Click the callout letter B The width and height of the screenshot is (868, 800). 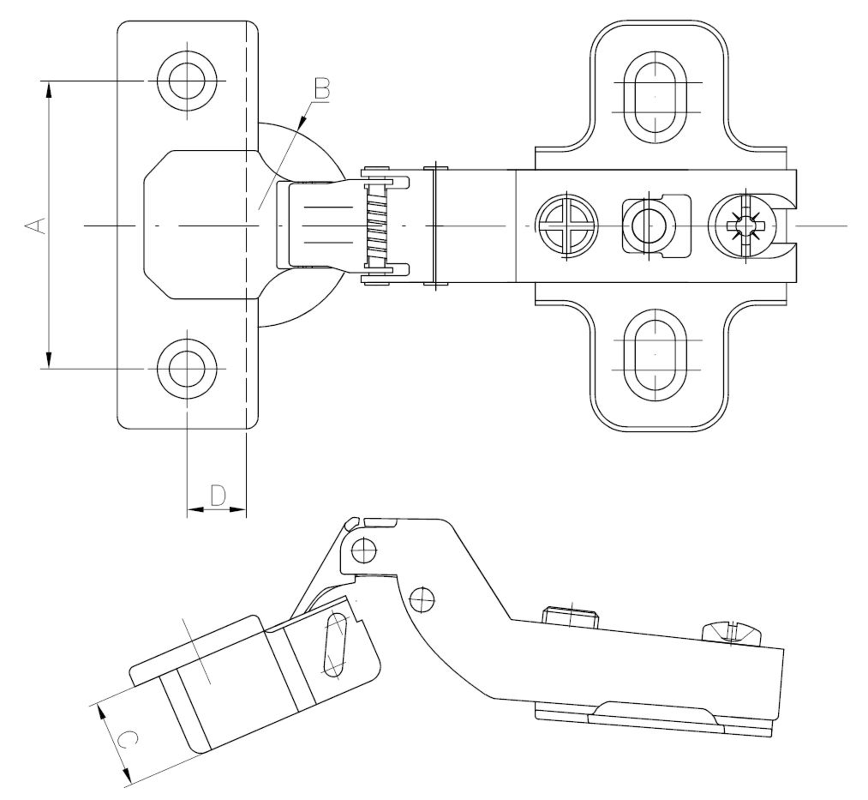pyautogui.click(x=322, y=89)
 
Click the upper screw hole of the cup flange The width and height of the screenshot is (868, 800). pyautogui.click(x=187, y=81)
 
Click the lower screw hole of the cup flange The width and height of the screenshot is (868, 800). pyautogui.click(x=187, y=369)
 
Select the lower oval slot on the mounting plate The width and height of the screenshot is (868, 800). pyautogui.click(x=655, y=355)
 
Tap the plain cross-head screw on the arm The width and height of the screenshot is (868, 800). pyautogui.click(x=567, y=226)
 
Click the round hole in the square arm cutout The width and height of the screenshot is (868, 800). pyautogui.click(x=648, y=226)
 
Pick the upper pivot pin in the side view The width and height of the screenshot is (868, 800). pyautogui.click(x=364, y=551)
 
